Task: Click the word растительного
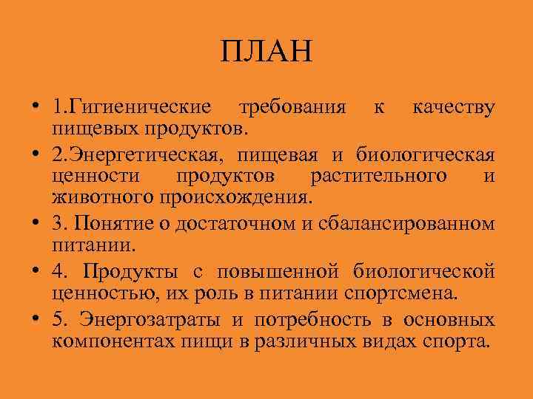(x=379, y=177)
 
